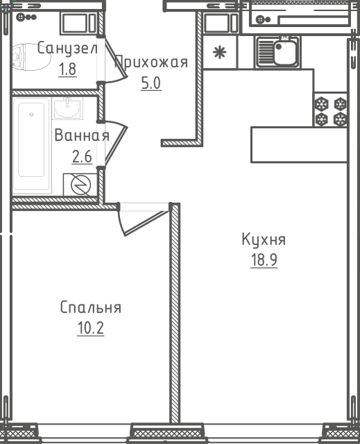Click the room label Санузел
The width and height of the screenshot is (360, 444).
click(x=67, y=48)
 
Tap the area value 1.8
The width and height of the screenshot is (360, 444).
click(x=67, y=69)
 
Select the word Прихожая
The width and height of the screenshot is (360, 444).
click(x=151, y=62)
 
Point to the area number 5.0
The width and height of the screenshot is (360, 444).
click(x=151, y=83)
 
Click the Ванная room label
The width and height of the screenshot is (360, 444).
click(x=82, y=135)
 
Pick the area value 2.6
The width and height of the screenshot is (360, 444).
click(x=82, y=157)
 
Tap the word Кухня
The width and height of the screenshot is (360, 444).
click(x=264, y=239)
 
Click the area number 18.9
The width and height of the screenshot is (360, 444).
click(x=264, y=260)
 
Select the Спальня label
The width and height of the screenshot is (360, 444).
click(x=91, y=307)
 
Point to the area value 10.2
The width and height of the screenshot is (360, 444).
click(x=91, y=328)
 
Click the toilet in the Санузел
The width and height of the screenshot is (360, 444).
click(x=31, y=57)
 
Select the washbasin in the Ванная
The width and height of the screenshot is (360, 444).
click(x=67, y=108)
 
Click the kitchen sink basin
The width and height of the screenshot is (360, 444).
click(x=285, y=53)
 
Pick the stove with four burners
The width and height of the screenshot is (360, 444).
click(x=330, y=110)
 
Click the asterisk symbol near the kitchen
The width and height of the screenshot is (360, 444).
click(x=220, y=53)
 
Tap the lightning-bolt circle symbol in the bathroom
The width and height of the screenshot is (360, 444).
click(x=80, y=185)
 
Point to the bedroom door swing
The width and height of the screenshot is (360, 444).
click(x=142, y=221)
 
